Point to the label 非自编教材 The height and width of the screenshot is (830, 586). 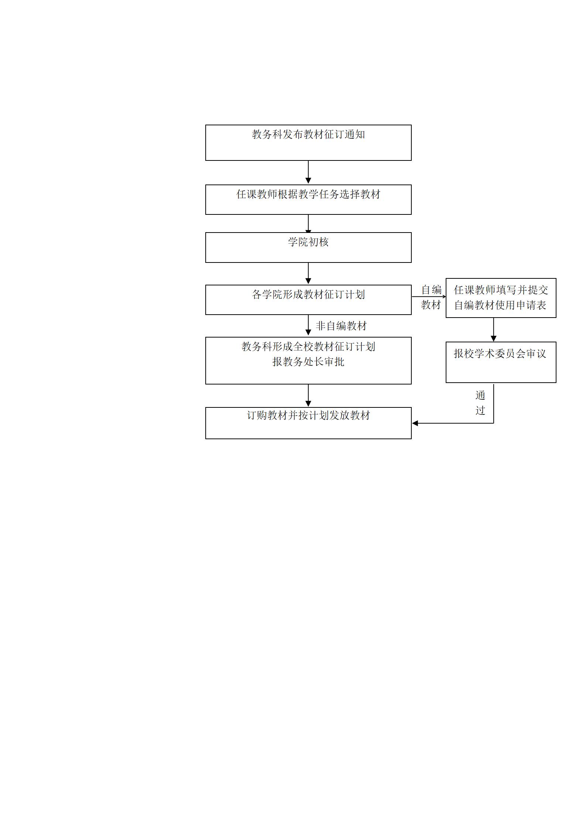click(341, 326)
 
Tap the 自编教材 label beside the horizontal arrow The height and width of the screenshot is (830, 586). click(431, 297)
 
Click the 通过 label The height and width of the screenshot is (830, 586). click(480, 403)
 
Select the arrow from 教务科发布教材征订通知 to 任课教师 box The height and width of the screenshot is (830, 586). click(308, 172)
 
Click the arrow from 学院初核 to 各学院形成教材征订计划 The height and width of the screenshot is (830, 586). click(308, 274)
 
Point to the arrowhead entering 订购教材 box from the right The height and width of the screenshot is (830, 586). click(415, 423)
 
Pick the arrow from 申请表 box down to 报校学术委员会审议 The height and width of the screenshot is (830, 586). click(493, 330)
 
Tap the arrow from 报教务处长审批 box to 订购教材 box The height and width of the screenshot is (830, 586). click(308, 396)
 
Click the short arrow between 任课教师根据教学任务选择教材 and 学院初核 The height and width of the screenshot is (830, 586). click(308, 224)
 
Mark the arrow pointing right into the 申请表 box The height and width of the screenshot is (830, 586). click(429, 297)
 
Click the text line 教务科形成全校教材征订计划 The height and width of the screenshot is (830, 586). click(308, 347)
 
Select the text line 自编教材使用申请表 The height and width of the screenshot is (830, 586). click(500, 305)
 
